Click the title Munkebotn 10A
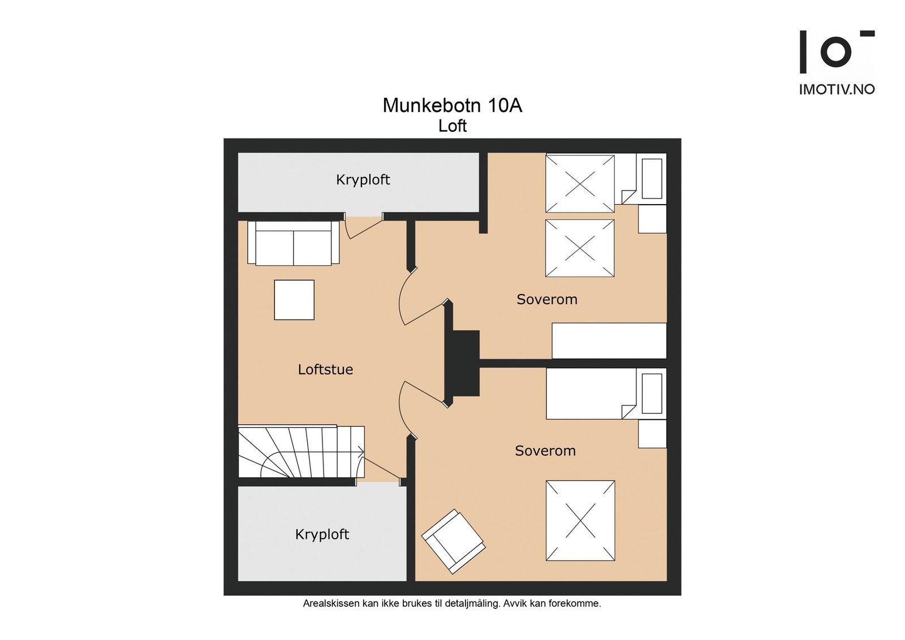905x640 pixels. [452, 106]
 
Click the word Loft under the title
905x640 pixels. [452, 126]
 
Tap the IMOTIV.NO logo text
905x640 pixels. [837, 89]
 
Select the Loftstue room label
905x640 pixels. [325, 370]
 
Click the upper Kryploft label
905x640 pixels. [363, 180]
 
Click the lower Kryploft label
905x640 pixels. [322, 534]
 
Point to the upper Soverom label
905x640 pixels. [546, 300]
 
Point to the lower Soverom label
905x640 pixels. [545, 451]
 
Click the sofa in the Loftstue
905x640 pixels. [293, 244]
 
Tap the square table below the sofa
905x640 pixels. [294, 300]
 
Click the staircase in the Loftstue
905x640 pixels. [300, 452]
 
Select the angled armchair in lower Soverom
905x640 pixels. [453, 541]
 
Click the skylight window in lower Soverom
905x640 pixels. [580, 520]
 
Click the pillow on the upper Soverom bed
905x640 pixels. [652, 179]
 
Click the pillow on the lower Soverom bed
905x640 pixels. [652, 393]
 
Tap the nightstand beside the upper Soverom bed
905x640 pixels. [652, 219]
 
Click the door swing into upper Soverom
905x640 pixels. [421, 300]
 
